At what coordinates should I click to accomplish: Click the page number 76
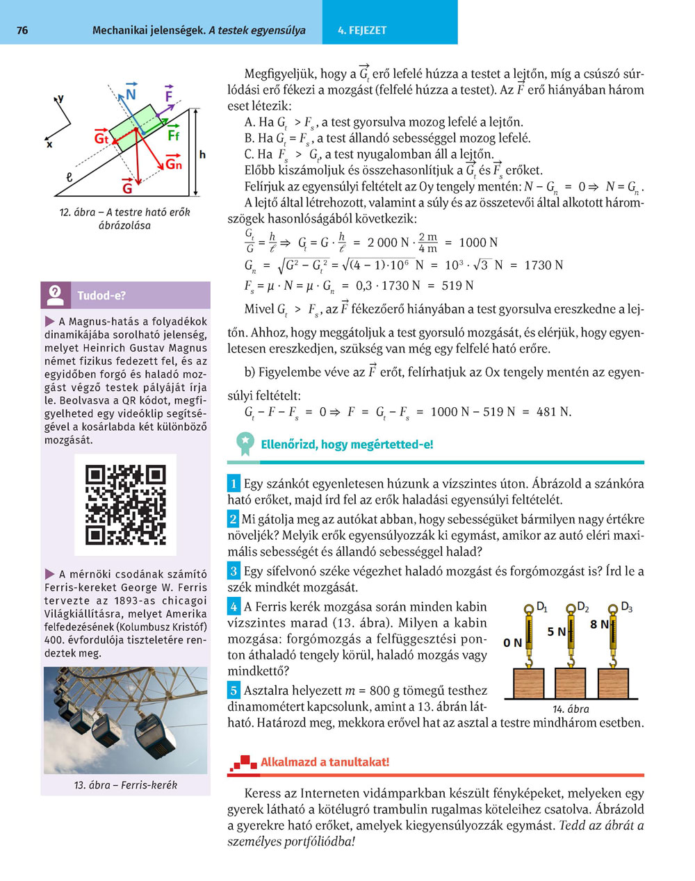pos(22,31)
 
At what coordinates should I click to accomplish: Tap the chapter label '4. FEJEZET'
pos(362,31)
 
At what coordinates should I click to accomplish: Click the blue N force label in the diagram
pos(131,94)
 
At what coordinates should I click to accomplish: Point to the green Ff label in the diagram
pos(173,135)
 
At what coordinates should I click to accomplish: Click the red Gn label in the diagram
pos(173,164)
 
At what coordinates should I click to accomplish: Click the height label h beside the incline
pos(202,155)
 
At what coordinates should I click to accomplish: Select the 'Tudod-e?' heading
pos(101,295)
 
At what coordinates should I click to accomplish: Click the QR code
pos(125,504)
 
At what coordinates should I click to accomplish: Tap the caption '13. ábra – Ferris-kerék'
pos(125,784)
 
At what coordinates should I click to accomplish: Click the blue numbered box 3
pos(234,571)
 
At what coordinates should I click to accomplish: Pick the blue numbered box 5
pos(234,691)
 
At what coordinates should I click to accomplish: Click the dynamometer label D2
pos(583,607)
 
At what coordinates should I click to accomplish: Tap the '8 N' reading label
pos(598,625)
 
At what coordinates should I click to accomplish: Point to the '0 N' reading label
pos(512,643)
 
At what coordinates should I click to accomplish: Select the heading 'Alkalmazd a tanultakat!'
pos(325,762)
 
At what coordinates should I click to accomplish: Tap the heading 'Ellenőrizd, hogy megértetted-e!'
pos(347,445)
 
